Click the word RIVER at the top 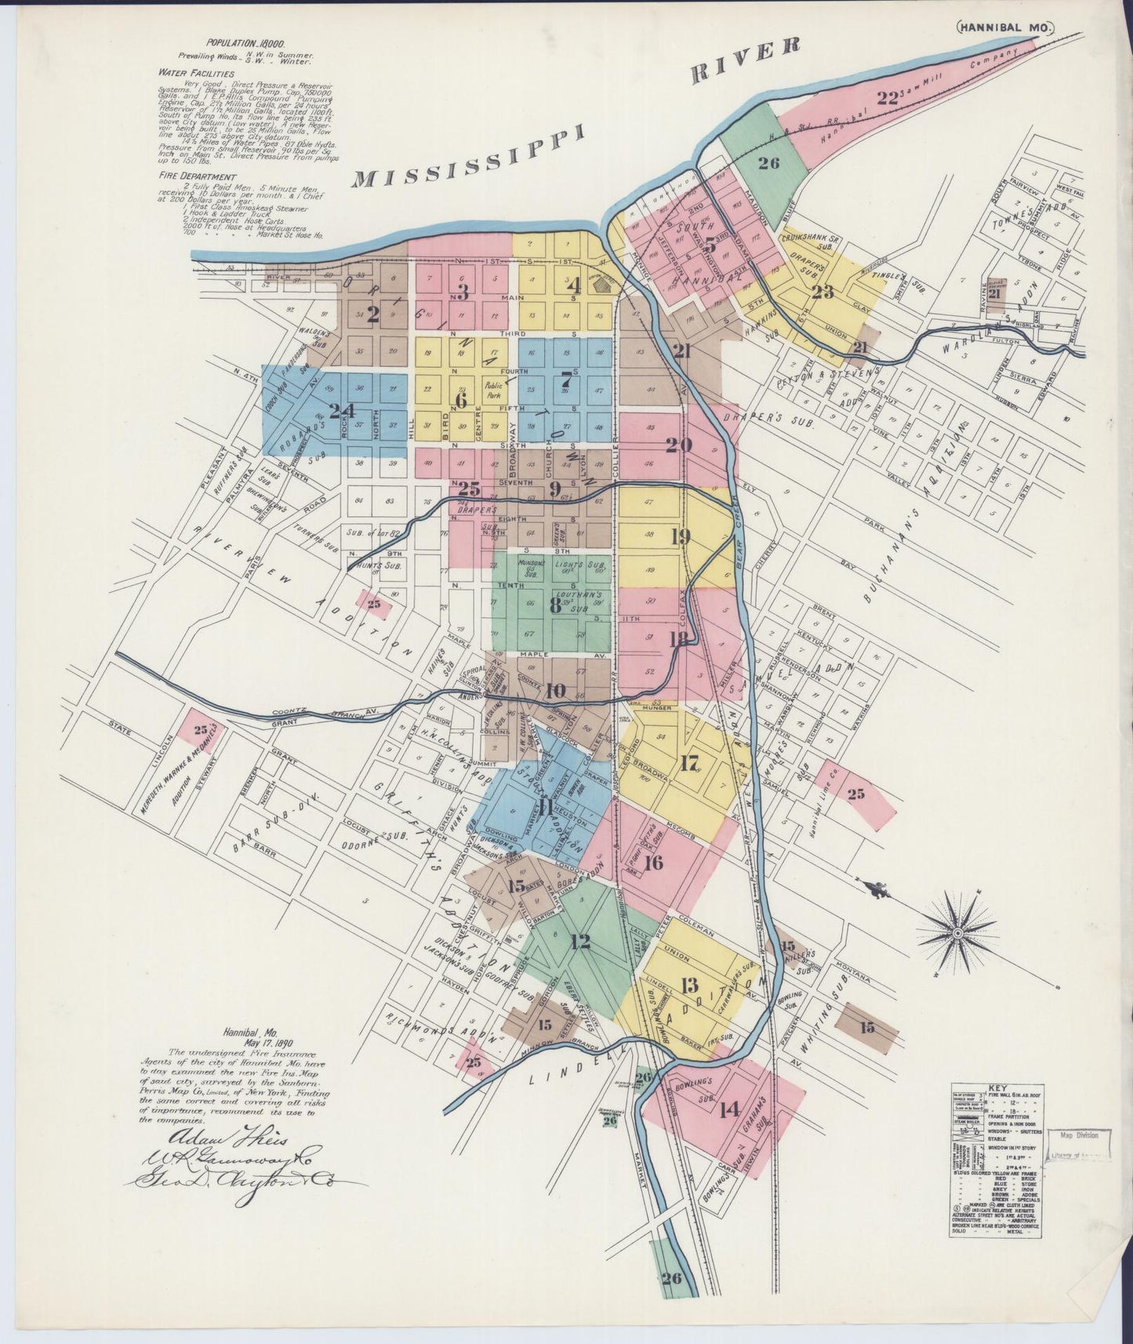click(x=745, y=60)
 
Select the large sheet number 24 click(x=343, y=410)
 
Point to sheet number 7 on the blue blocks click(x=565, y=379)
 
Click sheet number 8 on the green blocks click(x=555, y=605)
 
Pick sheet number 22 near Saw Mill click(x=888, y=98)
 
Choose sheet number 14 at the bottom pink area click(x=729, y=1109)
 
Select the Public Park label click(x=493, y=390)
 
